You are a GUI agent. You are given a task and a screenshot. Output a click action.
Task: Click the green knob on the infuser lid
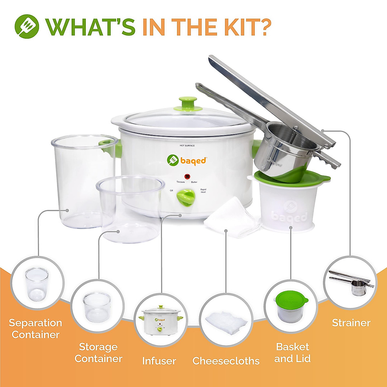[x=188, y=102]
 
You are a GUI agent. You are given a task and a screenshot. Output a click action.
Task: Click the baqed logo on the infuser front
[x=187, y=160]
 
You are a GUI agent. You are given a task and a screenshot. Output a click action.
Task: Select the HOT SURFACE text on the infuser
[x=187, y=146]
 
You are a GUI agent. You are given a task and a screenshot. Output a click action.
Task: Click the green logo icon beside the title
[x=27, y=26]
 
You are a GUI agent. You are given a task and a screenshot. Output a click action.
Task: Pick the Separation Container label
[x=35, y=329]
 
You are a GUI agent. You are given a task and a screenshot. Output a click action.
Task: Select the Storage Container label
[x=98, y=352]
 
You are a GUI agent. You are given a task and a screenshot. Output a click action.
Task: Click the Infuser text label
[x=159, y=361]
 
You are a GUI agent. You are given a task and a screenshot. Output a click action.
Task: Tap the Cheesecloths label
[x=226, y=361]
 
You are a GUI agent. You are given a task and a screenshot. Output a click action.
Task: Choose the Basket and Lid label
[x=293, y=352]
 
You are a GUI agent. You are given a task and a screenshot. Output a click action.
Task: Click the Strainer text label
[x=351, y=323]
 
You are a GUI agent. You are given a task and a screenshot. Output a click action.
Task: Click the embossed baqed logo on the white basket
[x=289, y=213]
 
